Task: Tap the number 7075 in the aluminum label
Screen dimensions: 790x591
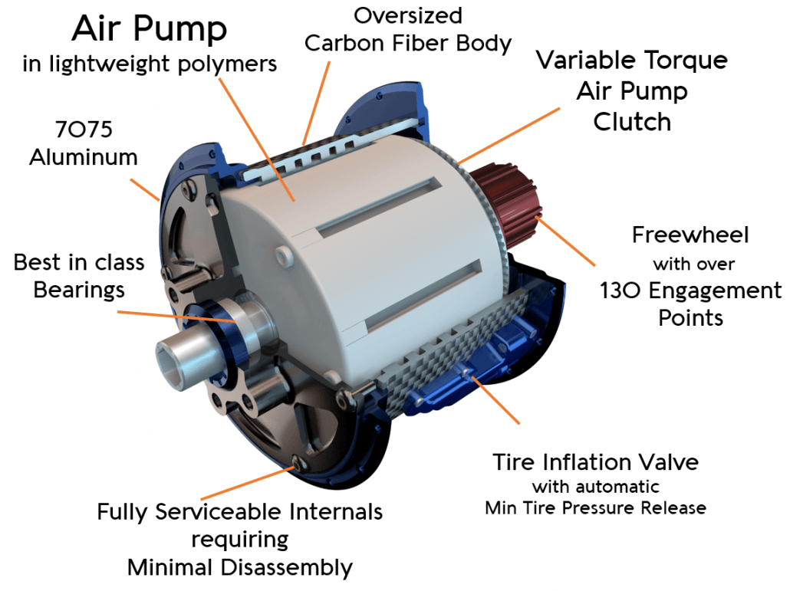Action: point(84,130)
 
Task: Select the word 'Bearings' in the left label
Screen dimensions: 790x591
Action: point(79,291)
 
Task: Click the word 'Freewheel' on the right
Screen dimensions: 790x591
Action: point(690,235)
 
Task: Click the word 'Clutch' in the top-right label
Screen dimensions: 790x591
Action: point(632,123)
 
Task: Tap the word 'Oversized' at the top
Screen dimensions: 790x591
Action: point(407,16)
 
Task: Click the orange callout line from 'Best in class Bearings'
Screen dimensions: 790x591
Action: point(176,317)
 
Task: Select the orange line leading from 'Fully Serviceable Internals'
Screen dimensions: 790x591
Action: point(248,482)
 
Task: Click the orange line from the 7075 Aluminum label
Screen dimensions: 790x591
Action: point(146,189)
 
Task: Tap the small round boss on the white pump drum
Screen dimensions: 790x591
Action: point(284,254)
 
